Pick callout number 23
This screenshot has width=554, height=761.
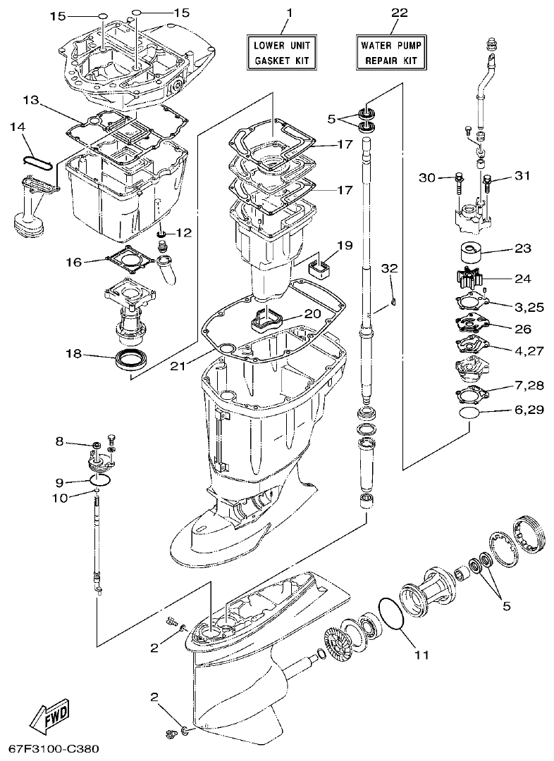tap(522, 249)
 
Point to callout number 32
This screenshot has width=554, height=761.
tap(390, 268)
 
